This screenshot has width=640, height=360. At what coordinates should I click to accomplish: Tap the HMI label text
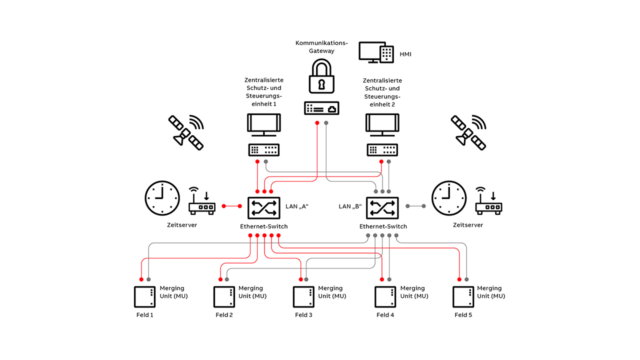[x=405, y=53]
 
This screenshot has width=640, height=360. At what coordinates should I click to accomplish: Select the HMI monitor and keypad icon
[x=376, y=52]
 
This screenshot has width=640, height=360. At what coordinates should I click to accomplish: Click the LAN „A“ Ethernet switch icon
[x=263, y=206]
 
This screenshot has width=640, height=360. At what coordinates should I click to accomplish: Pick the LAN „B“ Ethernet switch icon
[x=382, y=207]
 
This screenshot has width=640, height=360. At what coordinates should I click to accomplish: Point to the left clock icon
[x=162, y=198]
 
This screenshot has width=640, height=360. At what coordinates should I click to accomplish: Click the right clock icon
[x=449, y=198]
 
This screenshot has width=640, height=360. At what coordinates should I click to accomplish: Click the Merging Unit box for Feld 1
[x=145, y=297]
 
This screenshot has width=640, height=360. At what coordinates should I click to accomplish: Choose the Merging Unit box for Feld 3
[x=303, y=297]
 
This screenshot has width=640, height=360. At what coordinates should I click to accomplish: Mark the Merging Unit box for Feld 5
[x=463, y=297]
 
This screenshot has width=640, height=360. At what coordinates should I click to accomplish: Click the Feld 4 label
[x=385, y=315]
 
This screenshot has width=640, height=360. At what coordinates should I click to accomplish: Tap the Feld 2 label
[x=224, y=315]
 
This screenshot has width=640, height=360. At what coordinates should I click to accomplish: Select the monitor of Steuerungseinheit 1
[x=263, y=125]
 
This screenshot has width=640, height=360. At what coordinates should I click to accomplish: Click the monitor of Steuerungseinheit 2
[x=382, y=125]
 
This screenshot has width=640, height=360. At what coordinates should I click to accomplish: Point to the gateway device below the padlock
[x=321, y=108]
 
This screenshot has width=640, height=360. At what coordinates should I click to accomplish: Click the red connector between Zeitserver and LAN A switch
[x=231, y=206]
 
